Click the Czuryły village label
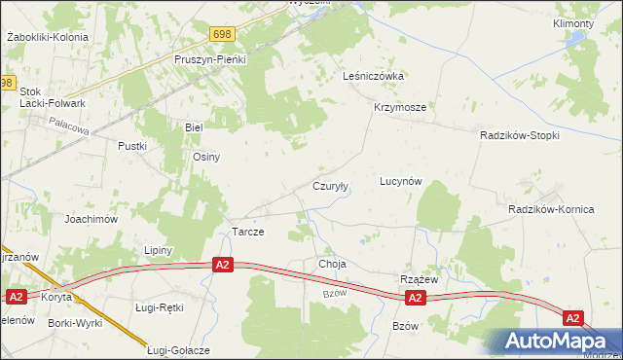tap(330, 185)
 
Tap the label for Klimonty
tap(572, 22)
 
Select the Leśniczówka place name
tap(374, 76)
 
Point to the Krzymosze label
tap(399, 108)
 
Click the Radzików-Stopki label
tap(520, 135)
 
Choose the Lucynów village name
tap(400, 182)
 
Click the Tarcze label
tap(247, 232)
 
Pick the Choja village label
tap(332, 264)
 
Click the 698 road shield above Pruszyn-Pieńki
tap(222, 34)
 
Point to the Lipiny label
tap(158, 250)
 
